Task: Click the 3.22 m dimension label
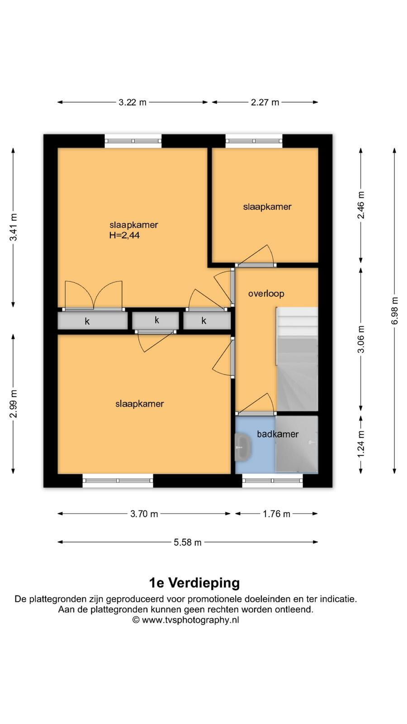point(133,102)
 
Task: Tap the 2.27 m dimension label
point(265,102)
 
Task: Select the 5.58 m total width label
point(187,543)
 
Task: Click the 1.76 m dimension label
point(276,514)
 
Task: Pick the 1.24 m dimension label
point(361,444)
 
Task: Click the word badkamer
point(278,434)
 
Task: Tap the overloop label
point(266,294)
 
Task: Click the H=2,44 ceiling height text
point(124,235)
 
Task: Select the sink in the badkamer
point(243,448)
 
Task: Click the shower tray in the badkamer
point(297,444)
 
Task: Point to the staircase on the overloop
point(297,359)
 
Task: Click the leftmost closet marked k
point(93,321)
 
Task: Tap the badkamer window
point(272,481)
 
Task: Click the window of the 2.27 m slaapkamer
point(254,141)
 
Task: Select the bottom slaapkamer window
point(118,481)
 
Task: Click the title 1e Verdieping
point(194,583)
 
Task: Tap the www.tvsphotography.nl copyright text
point(186,620)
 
